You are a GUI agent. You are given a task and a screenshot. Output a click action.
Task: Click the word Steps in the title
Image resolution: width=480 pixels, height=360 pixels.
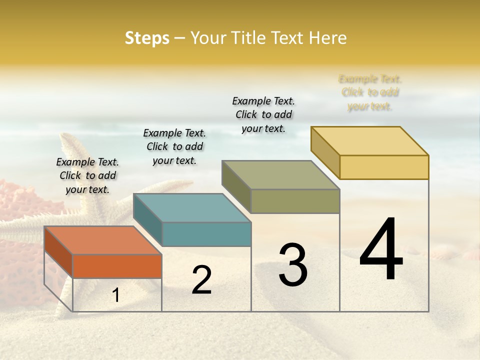click(147, 38)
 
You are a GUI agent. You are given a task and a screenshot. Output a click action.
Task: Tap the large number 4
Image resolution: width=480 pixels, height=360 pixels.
click(381, 249)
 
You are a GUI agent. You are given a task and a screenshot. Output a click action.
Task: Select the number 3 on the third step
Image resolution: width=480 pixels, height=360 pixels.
click(293, 265)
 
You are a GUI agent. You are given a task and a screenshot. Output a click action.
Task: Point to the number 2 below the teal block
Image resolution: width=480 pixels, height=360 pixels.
click(201, 280)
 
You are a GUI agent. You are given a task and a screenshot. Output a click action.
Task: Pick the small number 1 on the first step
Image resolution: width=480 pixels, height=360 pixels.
click(116, 295)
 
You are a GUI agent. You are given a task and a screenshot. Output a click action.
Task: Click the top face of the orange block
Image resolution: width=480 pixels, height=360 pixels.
click(102, 240)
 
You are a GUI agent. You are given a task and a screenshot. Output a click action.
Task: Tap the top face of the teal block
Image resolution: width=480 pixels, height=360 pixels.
click(192, 207)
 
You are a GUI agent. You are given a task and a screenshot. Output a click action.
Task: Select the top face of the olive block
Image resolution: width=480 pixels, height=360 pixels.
click(280, 175)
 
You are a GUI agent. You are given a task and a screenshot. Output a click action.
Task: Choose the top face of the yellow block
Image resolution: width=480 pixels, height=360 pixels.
click(369, 141)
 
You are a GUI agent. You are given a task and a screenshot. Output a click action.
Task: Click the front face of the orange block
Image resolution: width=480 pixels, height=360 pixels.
click(117, 266)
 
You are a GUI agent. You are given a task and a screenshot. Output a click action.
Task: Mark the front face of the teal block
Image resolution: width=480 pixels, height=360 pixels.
click(206, 234)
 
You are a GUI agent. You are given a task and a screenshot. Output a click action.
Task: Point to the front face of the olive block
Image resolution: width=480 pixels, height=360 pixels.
click(295, 201)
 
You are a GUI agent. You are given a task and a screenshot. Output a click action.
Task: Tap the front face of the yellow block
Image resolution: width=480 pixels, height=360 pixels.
click(384, 167)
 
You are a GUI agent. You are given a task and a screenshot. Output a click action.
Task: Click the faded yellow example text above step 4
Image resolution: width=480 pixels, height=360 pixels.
click(370, 92)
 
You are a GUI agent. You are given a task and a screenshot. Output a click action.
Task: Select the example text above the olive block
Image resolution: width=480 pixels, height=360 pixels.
click(263, 114)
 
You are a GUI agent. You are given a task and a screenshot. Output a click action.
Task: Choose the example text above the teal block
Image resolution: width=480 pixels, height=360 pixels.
click(174, 146)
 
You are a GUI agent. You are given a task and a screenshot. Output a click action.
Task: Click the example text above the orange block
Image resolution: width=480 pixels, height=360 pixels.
click(87, 175)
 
